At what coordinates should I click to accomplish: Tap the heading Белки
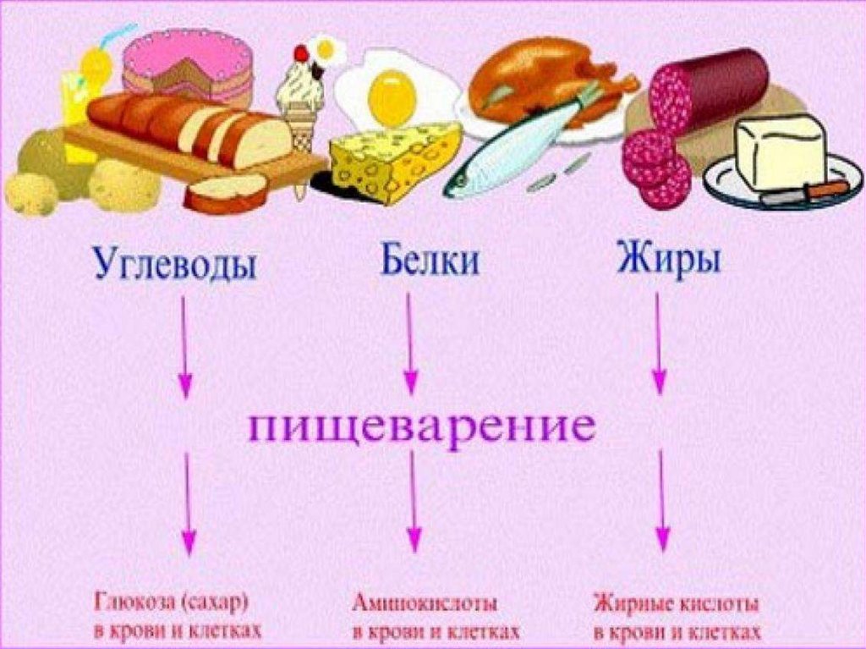(429, 261)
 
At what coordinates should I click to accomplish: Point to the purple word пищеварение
(420, 427)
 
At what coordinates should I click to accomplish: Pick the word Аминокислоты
(425, 604)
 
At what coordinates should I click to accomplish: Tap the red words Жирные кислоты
(677, 604)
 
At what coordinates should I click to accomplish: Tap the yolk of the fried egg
(393, 96)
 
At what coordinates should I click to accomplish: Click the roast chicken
(541, 80)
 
